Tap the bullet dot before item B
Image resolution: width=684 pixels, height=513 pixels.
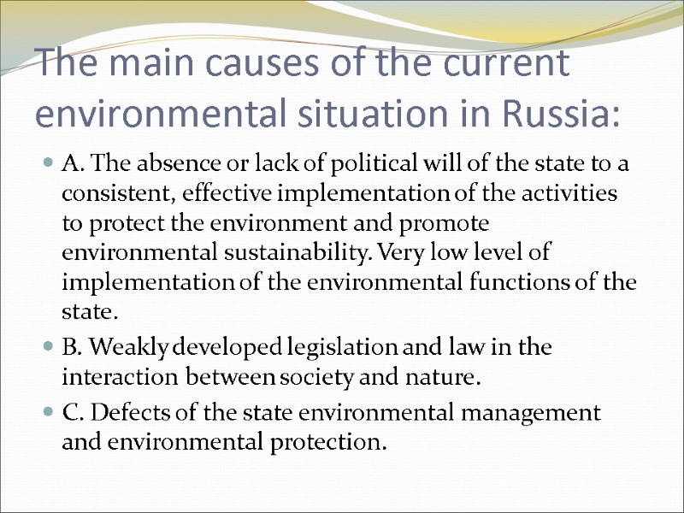[50, 348]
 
